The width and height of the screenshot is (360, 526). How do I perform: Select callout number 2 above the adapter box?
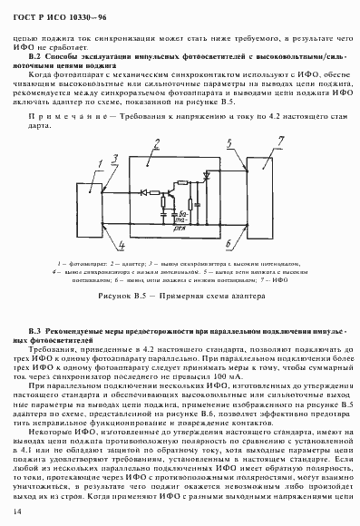click(156, 141)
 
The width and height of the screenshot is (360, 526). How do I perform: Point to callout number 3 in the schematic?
click(115, 157)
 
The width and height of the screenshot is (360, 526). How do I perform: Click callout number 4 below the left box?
click(120, 244)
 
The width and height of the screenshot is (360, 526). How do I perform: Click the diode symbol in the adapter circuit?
click(144, 191)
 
